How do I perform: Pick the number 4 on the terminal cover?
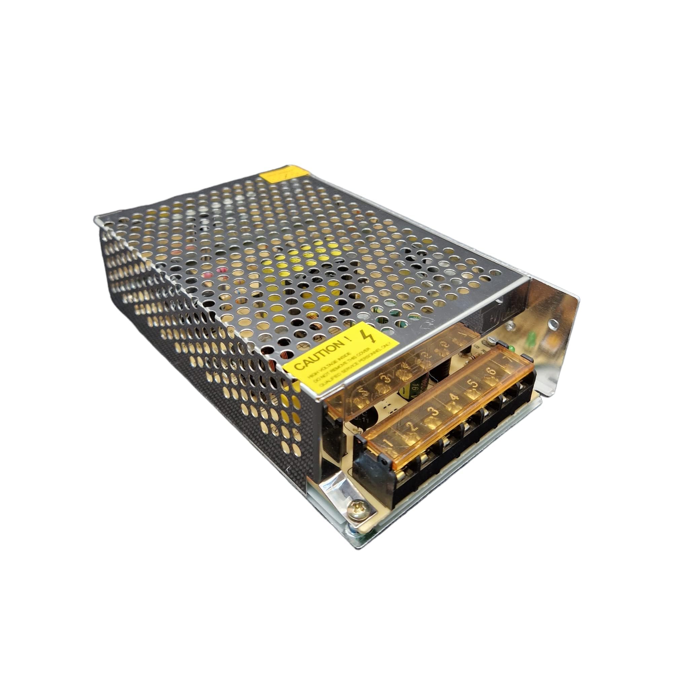453,396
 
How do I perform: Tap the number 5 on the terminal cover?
473,384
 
